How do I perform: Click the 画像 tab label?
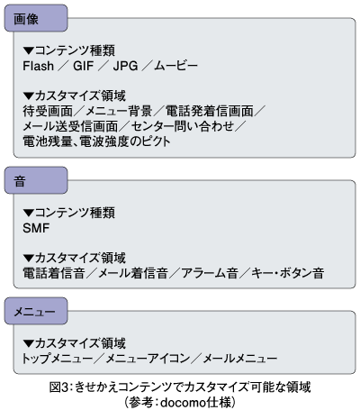click(x=26, y=20)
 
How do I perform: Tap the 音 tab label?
click(x=20, y=182)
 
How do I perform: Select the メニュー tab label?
click(x=35, y=312)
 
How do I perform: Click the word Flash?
click(x=39, y=66)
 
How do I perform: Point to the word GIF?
click(x=84, y=66)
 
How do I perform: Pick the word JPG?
click(x=125, y=66)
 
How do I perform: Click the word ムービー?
click(x=176, y=66)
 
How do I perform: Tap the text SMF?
click(x=36, y=228)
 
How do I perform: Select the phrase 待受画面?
click(x=48, y=111)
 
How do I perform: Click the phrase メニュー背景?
click(x=119, y=111)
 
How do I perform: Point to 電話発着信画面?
click(x=210, y=111)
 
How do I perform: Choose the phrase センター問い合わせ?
click(x=183, y=126)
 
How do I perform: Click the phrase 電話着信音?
click(x=54, y=273)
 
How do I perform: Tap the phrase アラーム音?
click(x=210, y=273)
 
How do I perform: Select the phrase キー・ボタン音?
click(x=288, y=273)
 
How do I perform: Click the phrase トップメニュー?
click(x=57, y=359)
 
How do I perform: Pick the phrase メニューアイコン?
click(x=148, y=359)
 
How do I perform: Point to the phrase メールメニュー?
click(x=240, y=359)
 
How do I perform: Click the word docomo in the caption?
click(x=184, y=403)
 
